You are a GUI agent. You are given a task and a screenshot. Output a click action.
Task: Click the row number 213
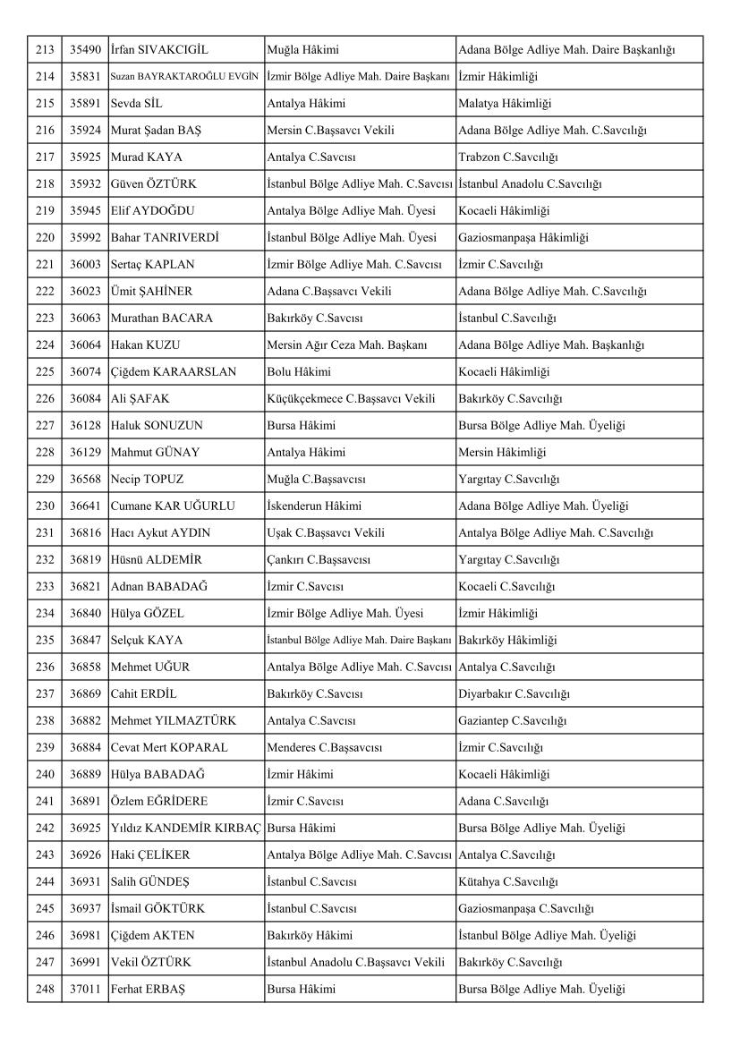44,50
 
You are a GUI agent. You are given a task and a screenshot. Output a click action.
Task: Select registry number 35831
84,77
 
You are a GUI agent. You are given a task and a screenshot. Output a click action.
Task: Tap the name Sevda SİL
137,104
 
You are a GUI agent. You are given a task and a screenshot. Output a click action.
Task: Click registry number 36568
84,480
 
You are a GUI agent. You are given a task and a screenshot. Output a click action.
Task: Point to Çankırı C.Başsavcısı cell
319,560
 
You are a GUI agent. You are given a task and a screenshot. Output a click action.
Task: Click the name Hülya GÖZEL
149,614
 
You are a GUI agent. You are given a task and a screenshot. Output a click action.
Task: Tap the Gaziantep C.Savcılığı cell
513,721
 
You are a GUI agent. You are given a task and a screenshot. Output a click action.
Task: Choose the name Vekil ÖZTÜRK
150,963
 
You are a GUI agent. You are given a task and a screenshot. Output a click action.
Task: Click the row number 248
44,990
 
